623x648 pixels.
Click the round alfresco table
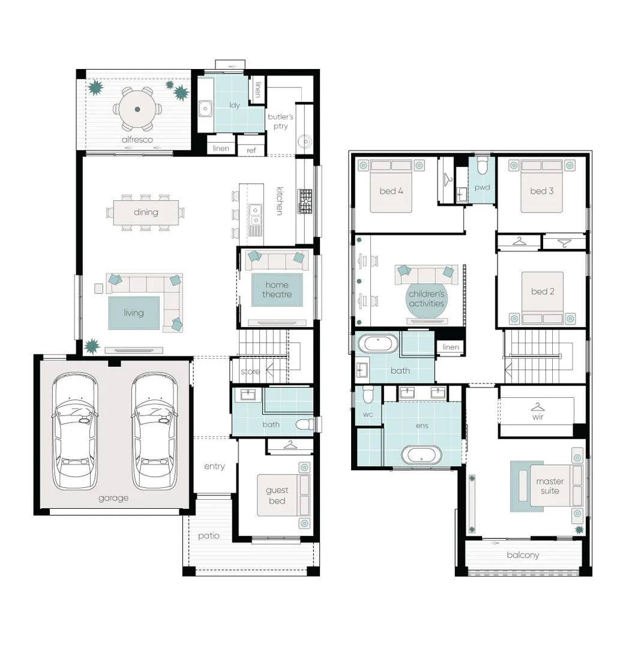(x=137, y=109)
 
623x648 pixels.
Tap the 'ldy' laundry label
(x=235, y=105)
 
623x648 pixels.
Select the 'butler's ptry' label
(x=280, y=121)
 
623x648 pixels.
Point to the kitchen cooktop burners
(x=305, y=201)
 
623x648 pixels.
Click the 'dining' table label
(x=146, y=212)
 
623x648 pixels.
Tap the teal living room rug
(x=134, y=313)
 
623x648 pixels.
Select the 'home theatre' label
(x=277, y=290)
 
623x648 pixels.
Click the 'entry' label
(x=214, y=466)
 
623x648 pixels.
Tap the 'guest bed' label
(x=277, y=496)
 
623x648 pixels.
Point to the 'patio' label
(x=209, y=536)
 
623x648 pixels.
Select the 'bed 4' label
(x=391, y=191)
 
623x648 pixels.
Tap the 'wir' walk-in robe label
(x=538, y=416)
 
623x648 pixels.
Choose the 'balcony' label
(x=522, y=555)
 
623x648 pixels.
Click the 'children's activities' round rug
(x=426, y=298)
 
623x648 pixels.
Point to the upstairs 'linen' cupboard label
(x=451, y=347)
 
